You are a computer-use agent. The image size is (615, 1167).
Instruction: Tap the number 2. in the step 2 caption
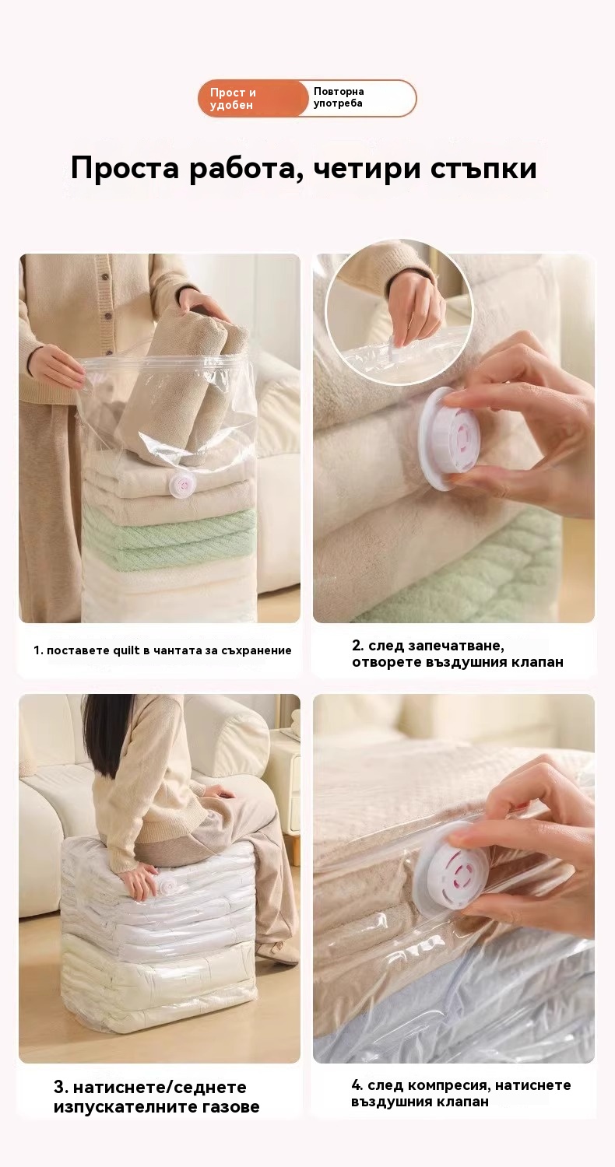(x=357, y=646)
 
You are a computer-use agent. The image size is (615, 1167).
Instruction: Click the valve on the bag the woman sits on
(x=167, y=882)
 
